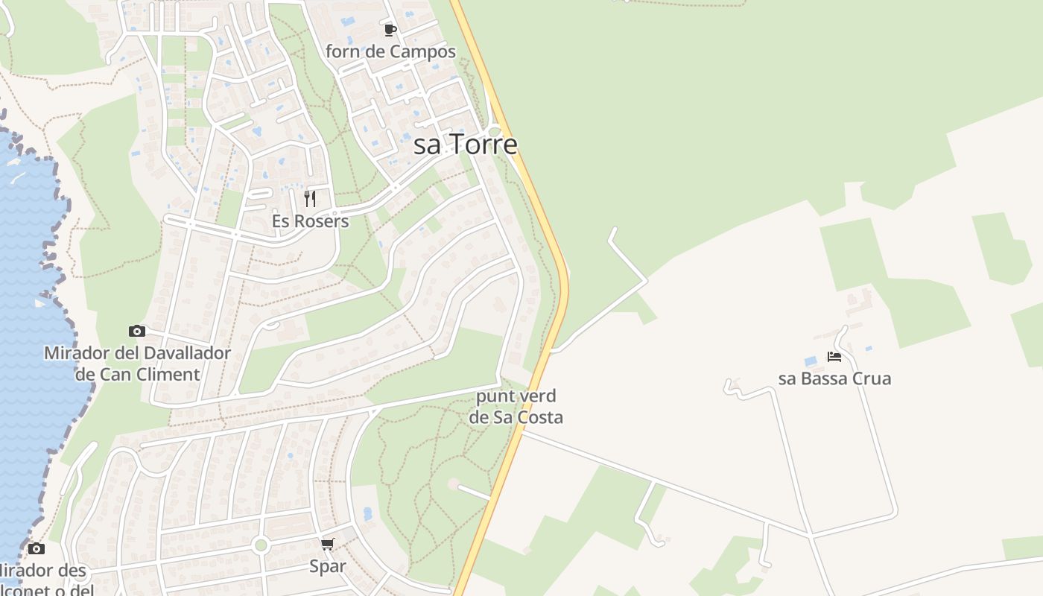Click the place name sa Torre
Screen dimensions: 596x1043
point(465,145)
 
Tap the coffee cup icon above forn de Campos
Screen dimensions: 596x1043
point(390,30)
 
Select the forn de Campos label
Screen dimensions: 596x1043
point(390,52)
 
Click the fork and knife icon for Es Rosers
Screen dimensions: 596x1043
point(310,199)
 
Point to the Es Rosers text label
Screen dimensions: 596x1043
point(311,221)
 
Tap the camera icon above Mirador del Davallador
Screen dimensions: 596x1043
point(137,331)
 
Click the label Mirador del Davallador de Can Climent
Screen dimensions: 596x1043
point(137,364)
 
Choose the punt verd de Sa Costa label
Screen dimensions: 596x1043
point(516,407)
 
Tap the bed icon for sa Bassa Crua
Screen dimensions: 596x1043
point(834,357)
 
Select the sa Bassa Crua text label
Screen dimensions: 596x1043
point(834,378)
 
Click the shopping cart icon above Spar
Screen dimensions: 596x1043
point(328,544)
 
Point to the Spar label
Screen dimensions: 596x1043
point(328,566)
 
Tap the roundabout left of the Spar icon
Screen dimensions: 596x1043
point(261,545)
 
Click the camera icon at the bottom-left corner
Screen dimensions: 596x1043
point(37,549)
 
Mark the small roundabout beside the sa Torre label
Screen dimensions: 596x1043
point(494,132)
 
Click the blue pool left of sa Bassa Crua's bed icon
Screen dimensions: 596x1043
point(811,361)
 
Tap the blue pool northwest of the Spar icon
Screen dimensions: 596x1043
point(367,513)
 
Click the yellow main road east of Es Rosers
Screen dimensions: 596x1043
point(555,246)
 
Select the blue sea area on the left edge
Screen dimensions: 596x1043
point(30,298)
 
